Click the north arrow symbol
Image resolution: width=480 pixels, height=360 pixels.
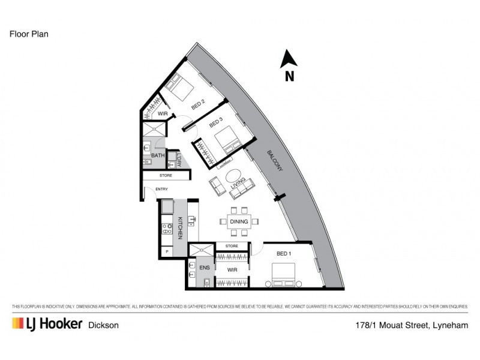289,59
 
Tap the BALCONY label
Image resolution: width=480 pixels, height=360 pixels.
275,162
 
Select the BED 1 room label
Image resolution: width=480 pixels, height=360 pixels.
284,254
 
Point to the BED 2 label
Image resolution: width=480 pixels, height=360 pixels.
199,104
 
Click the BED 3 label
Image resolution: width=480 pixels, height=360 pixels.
216,124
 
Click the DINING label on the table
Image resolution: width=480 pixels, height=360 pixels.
239,221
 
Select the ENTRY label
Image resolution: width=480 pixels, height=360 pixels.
161,190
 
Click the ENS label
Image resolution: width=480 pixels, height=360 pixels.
204,268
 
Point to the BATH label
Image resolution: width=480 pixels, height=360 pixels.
157,155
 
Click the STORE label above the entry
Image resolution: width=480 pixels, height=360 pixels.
166,176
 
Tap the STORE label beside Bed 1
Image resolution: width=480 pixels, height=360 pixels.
232,246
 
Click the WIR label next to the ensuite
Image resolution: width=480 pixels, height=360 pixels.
232,270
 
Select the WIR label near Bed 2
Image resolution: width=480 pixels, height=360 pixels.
162,113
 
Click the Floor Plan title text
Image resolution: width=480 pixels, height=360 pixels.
29,34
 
